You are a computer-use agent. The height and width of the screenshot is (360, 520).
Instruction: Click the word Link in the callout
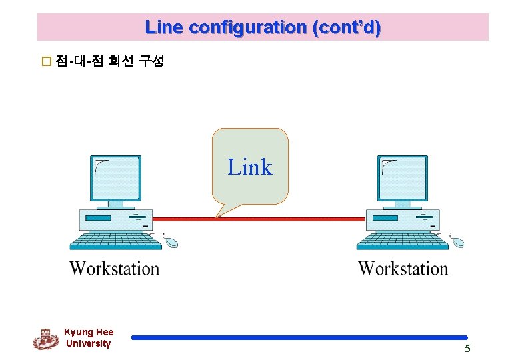click(250, 167)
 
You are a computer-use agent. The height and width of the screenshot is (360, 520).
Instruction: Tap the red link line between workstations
click(293, 218)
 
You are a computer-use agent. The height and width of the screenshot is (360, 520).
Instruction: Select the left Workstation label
click(115, 269)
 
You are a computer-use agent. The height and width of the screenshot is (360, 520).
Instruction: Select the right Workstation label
click(403, 269)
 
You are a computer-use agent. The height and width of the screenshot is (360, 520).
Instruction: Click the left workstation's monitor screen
click(116, 177)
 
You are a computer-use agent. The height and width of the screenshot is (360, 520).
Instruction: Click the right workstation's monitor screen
click(403, 177)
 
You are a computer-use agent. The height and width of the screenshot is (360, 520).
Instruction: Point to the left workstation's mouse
click(171, 243)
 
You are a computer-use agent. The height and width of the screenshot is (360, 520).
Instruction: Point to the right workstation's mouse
click(457, 243)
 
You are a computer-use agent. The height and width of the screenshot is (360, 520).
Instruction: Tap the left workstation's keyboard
click(116, 240)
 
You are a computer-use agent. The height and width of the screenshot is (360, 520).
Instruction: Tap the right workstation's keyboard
click(403, 240)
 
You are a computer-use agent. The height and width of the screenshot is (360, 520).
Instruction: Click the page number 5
click(467, 349)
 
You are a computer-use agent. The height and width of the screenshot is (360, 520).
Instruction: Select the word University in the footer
click(88, 343)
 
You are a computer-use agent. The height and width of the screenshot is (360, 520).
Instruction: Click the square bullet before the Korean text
click(46, 62)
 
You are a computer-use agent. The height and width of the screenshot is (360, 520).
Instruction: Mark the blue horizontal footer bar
click(299, 338)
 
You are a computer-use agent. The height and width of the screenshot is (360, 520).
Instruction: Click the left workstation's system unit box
click(115, 218)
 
